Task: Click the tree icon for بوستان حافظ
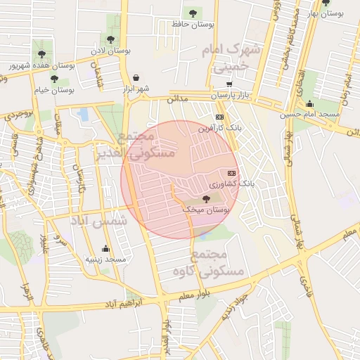[193, 13]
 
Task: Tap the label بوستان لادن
[112, 51]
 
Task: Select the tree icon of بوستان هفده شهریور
[42, 53]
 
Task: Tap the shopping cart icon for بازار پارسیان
[229, 84]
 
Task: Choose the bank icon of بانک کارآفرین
[220, 117]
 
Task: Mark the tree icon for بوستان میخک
[206, 199]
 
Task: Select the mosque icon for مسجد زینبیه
[105, 248]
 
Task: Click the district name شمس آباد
[99, 221]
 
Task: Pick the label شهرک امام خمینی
[229, 58]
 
